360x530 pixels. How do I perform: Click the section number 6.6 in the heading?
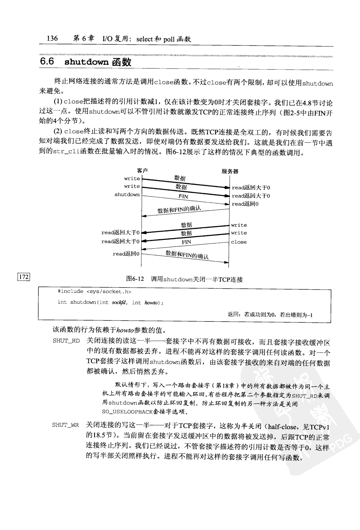[x=47, y=62]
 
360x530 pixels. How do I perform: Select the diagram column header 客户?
[x=142, y=171]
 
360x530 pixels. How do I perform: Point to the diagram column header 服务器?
[x=230, y=171]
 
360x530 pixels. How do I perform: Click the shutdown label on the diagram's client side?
[x=127, y=194]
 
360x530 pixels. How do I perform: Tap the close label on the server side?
[x=239, y=242]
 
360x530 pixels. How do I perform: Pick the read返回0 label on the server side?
[x=245, y=204]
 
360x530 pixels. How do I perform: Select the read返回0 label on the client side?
[x=126, y=253]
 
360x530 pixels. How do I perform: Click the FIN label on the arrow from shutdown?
[x=183, y=196]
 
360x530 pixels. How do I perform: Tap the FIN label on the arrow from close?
[x=186, y=242]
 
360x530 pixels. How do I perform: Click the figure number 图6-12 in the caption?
[x=134, y=279]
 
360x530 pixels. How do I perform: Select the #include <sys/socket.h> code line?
[x=94, y=292]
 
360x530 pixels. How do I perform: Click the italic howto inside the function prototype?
[x=151, y=303]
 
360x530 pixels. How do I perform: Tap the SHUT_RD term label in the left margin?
[x=66, y=341]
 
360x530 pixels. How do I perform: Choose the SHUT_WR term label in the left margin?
[x=65, y=425]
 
